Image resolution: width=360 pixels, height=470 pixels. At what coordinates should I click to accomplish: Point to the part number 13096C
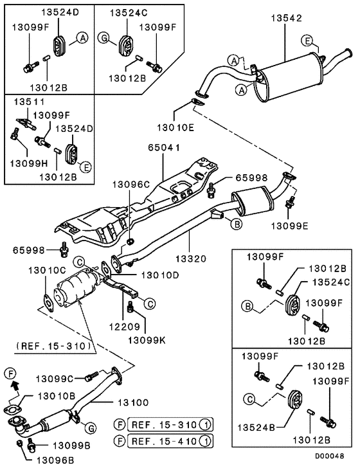129,184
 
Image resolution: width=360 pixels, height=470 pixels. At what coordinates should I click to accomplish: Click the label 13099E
288,226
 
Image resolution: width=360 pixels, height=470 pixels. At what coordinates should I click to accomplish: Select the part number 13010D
159,275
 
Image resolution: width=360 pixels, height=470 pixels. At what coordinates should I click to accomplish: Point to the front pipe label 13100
132,402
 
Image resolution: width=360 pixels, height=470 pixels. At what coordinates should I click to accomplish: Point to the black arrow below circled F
12,386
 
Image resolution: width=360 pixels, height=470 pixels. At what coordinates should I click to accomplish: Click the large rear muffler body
287,78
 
